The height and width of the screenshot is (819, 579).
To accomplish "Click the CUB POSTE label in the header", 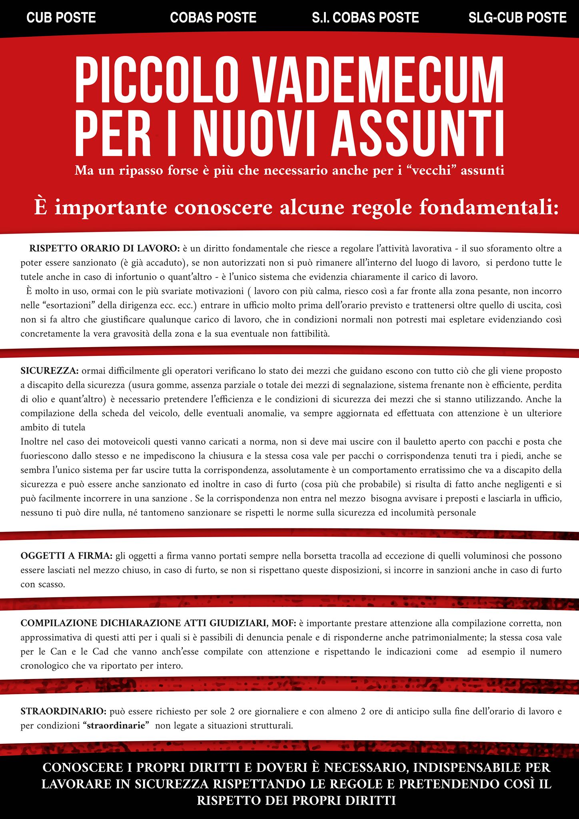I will pos(61,18).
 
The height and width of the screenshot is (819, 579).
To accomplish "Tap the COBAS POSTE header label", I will pos(213,18).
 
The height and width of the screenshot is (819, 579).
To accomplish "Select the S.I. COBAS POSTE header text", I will pos(365,18).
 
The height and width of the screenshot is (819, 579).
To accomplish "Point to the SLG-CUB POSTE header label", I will pos(517,18).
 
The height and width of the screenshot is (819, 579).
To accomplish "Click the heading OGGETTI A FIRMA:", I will pos(66,556).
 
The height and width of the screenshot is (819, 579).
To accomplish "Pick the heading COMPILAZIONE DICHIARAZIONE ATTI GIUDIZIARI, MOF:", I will pos(158,623).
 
